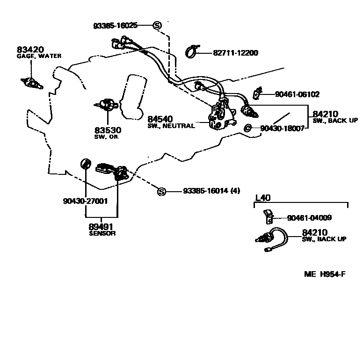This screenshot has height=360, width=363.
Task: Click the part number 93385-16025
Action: pos(115,25)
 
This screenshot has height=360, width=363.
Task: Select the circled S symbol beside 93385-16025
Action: pos(157,25)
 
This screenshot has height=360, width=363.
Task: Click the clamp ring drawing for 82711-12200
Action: pos(192,51)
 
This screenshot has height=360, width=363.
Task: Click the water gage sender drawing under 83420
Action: pos(32,84)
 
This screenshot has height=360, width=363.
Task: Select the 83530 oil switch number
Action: pos(107,130)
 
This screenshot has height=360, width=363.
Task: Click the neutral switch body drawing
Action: pos(218,116)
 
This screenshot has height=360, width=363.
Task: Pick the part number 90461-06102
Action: pos(297,94)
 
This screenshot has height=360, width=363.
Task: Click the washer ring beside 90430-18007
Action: pos(248,128)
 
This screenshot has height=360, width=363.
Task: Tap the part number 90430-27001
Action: pos(85,201)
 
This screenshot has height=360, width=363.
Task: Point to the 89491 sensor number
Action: pos(102,227)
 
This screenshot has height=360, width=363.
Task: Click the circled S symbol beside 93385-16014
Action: pos(161,191)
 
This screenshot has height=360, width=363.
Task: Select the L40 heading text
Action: pos(262,198)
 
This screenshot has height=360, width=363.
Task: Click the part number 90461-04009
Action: pos(309,218)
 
